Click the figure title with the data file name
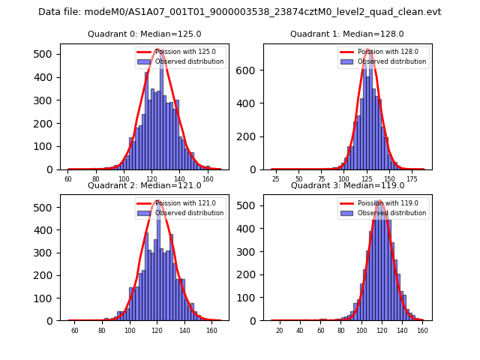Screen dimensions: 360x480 240,12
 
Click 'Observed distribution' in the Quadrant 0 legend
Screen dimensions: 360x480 189,61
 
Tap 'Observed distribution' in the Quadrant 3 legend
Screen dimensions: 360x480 391,213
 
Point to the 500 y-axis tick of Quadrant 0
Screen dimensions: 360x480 46,54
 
